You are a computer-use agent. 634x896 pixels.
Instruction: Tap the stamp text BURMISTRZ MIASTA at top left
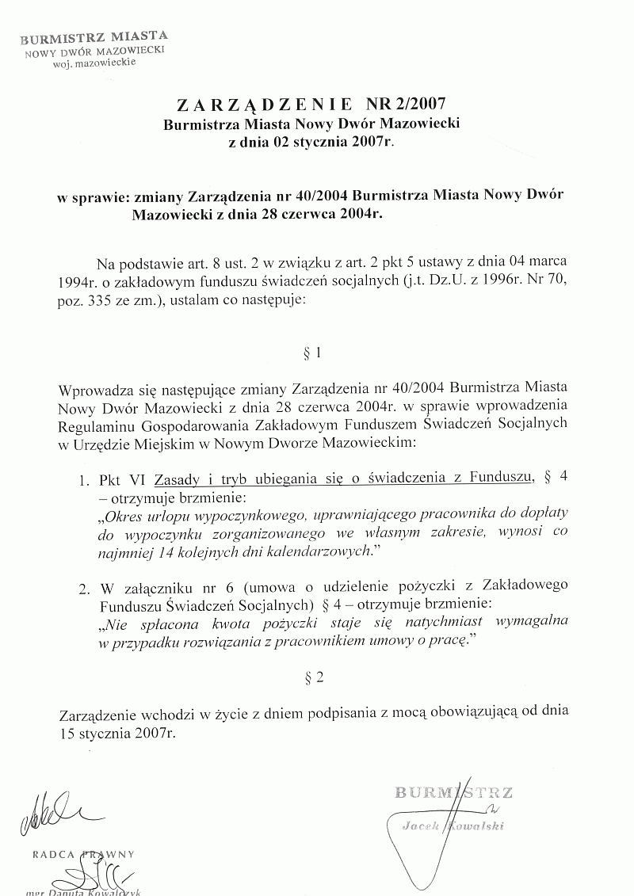point(94,37)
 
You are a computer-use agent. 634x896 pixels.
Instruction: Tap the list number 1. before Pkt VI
point(83,479)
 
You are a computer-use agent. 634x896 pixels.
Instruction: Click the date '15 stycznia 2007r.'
point(116,733)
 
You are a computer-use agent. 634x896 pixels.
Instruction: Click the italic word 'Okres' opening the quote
point(124,514)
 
